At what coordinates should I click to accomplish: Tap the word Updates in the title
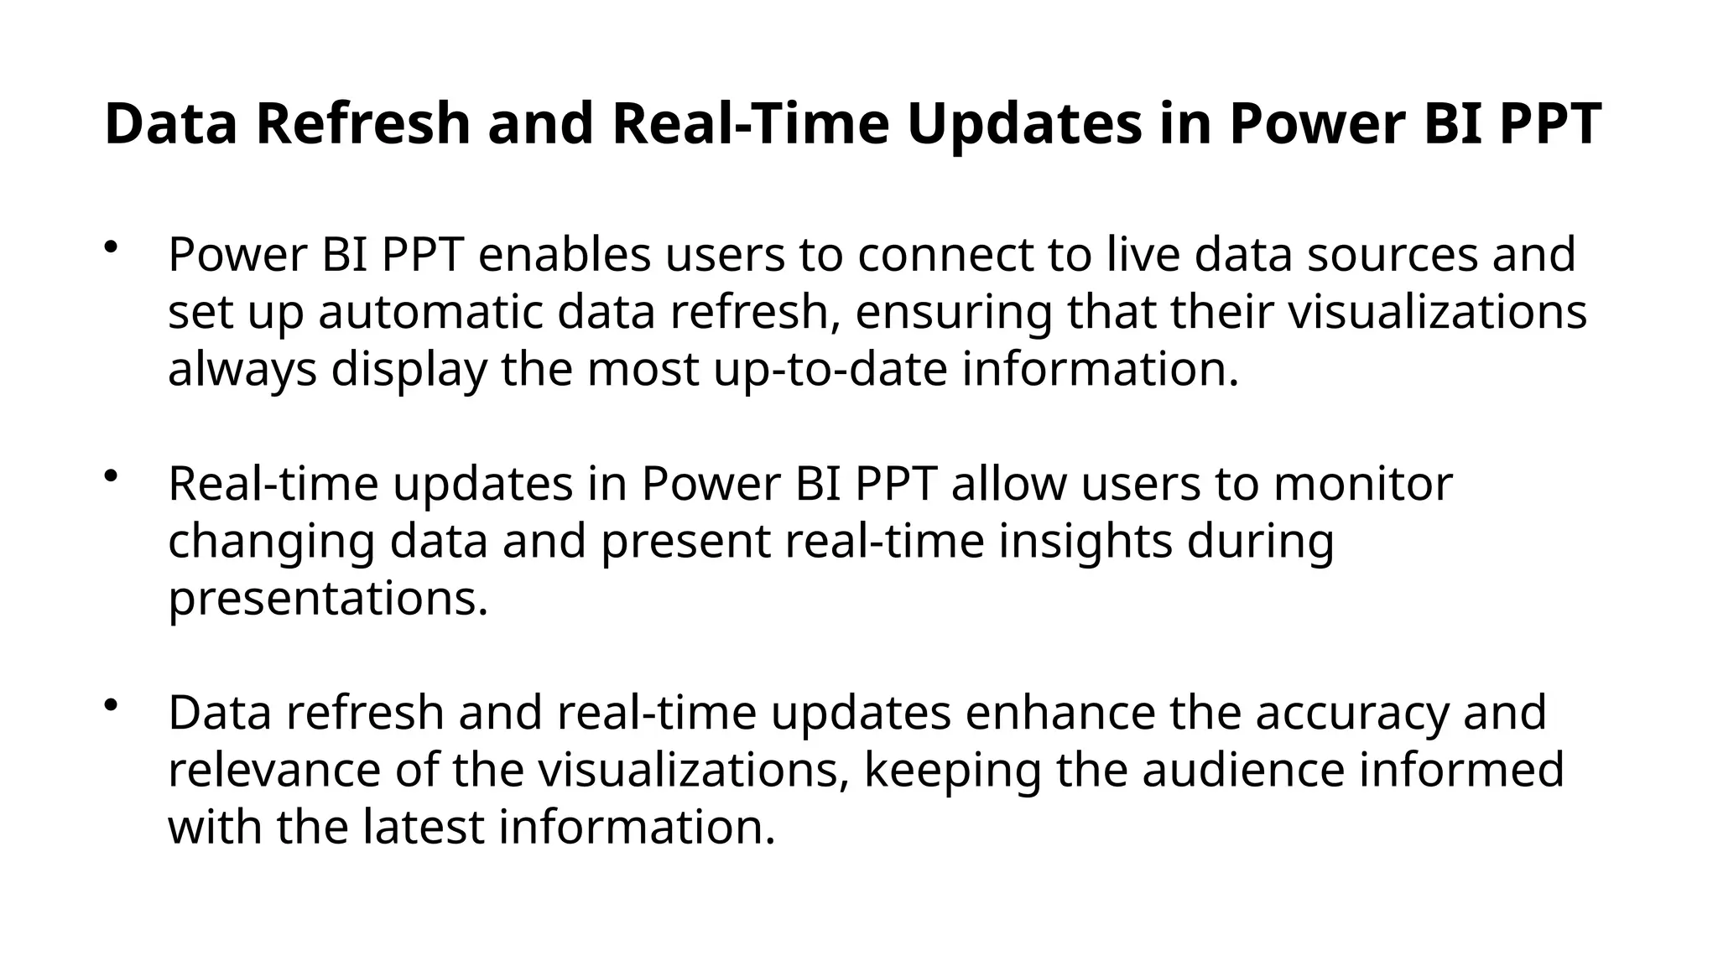click(1023, 123)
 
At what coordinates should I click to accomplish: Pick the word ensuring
click(953, 312)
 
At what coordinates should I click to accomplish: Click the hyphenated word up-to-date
click(830, 369)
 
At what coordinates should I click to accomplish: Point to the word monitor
click(1362, 484)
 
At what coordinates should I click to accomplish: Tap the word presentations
click(328, 599)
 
